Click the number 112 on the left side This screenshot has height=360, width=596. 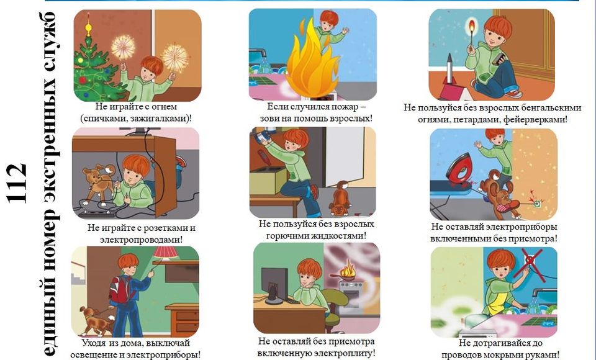coord(17,183)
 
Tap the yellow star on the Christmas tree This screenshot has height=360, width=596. coord(88,27)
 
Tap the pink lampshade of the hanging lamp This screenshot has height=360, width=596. coord(165,252)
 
